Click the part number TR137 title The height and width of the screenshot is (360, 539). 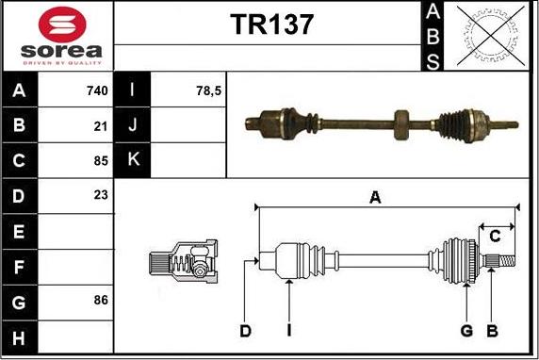click(x=271, y=25)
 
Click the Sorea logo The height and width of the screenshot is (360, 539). click(x=58, y=37)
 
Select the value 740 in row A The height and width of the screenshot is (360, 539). click(x=97, y=90)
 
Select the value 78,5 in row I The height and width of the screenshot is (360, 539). click(x=207, y=90)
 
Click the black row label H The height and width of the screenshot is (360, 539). click(x=19, y=335)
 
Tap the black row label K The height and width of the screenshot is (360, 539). click(x=132, y=160)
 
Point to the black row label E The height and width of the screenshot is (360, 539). click(x=19, y=231)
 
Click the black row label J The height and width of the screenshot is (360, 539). click(x=132, y=125)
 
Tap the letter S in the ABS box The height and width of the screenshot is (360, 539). click(x=433, y=62)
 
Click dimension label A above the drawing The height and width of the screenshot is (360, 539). click(x=375, y=197)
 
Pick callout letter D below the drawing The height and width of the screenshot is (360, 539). click(x=245, y=330)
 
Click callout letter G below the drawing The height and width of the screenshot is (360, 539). click(x=465, y=330)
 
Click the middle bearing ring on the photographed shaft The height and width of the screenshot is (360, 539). click(x=401, y=121)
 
